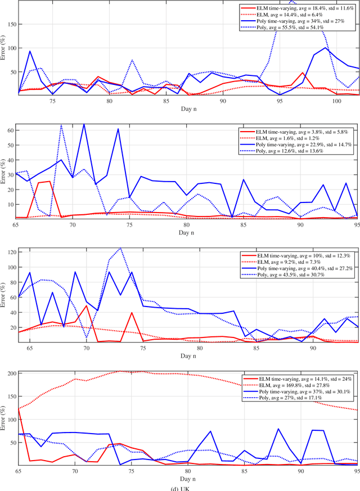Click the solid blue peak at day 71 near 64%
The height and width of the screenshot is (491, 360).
(84, 124)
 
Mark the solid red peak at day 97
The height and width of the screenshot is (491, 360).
(303, 73)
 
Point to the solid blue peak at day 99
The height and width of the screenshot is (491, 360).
(326, 47)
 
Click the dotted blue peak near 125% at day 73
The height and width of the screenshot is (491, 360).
(120, 247)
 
